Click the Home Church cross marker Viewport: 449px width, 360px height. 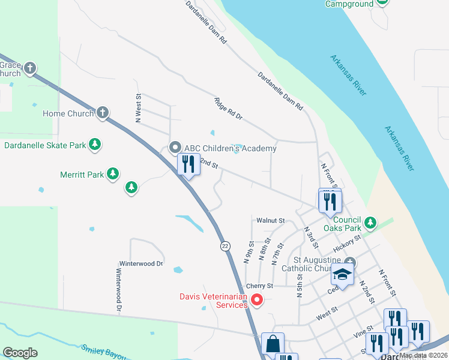pyautogui.click(x=103, y=113)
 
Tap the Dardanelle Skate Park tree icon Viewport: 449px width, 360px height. pyautogui.click(x=94, y=145)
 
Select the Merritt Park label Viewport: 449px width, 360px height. pyautogui.click(x=82, y=175)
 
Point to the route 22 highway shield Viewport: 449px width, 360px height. pyautogui.click(x=224, y=246)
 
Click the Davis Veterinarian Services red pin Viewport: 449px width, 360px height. pyautogui.click(x=257, y=299)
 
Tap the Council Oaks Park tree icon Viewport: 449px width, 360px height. pyautogui.click(x=370, y=223)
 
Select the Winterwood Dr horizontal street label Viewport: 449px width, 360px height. pyautogui.click(x=141, y=263)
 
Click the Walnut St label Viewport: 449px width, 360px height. pyautogui.click(x=270, y=221)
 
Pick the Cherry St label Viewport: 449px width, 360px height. pyautogui.click(x=259, y=286)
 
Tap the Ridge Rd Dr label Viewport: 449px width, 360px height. pyautogui.click(x=228, y=108)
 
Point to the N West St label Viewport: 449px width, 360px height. pyautogui.click(x=138, y=108)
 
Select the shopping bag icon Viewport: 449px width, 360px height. pyautogui.click(x=273, y=344)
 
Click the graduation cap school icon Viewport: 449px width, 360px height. pyautogui.click(x=342, y=275)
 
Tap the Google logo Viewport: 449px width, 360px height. pyautogui.click(x=20, y=353)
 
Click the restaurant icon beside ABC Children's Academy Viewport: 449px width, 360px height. pyautogui.click(x=188, y=164)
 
